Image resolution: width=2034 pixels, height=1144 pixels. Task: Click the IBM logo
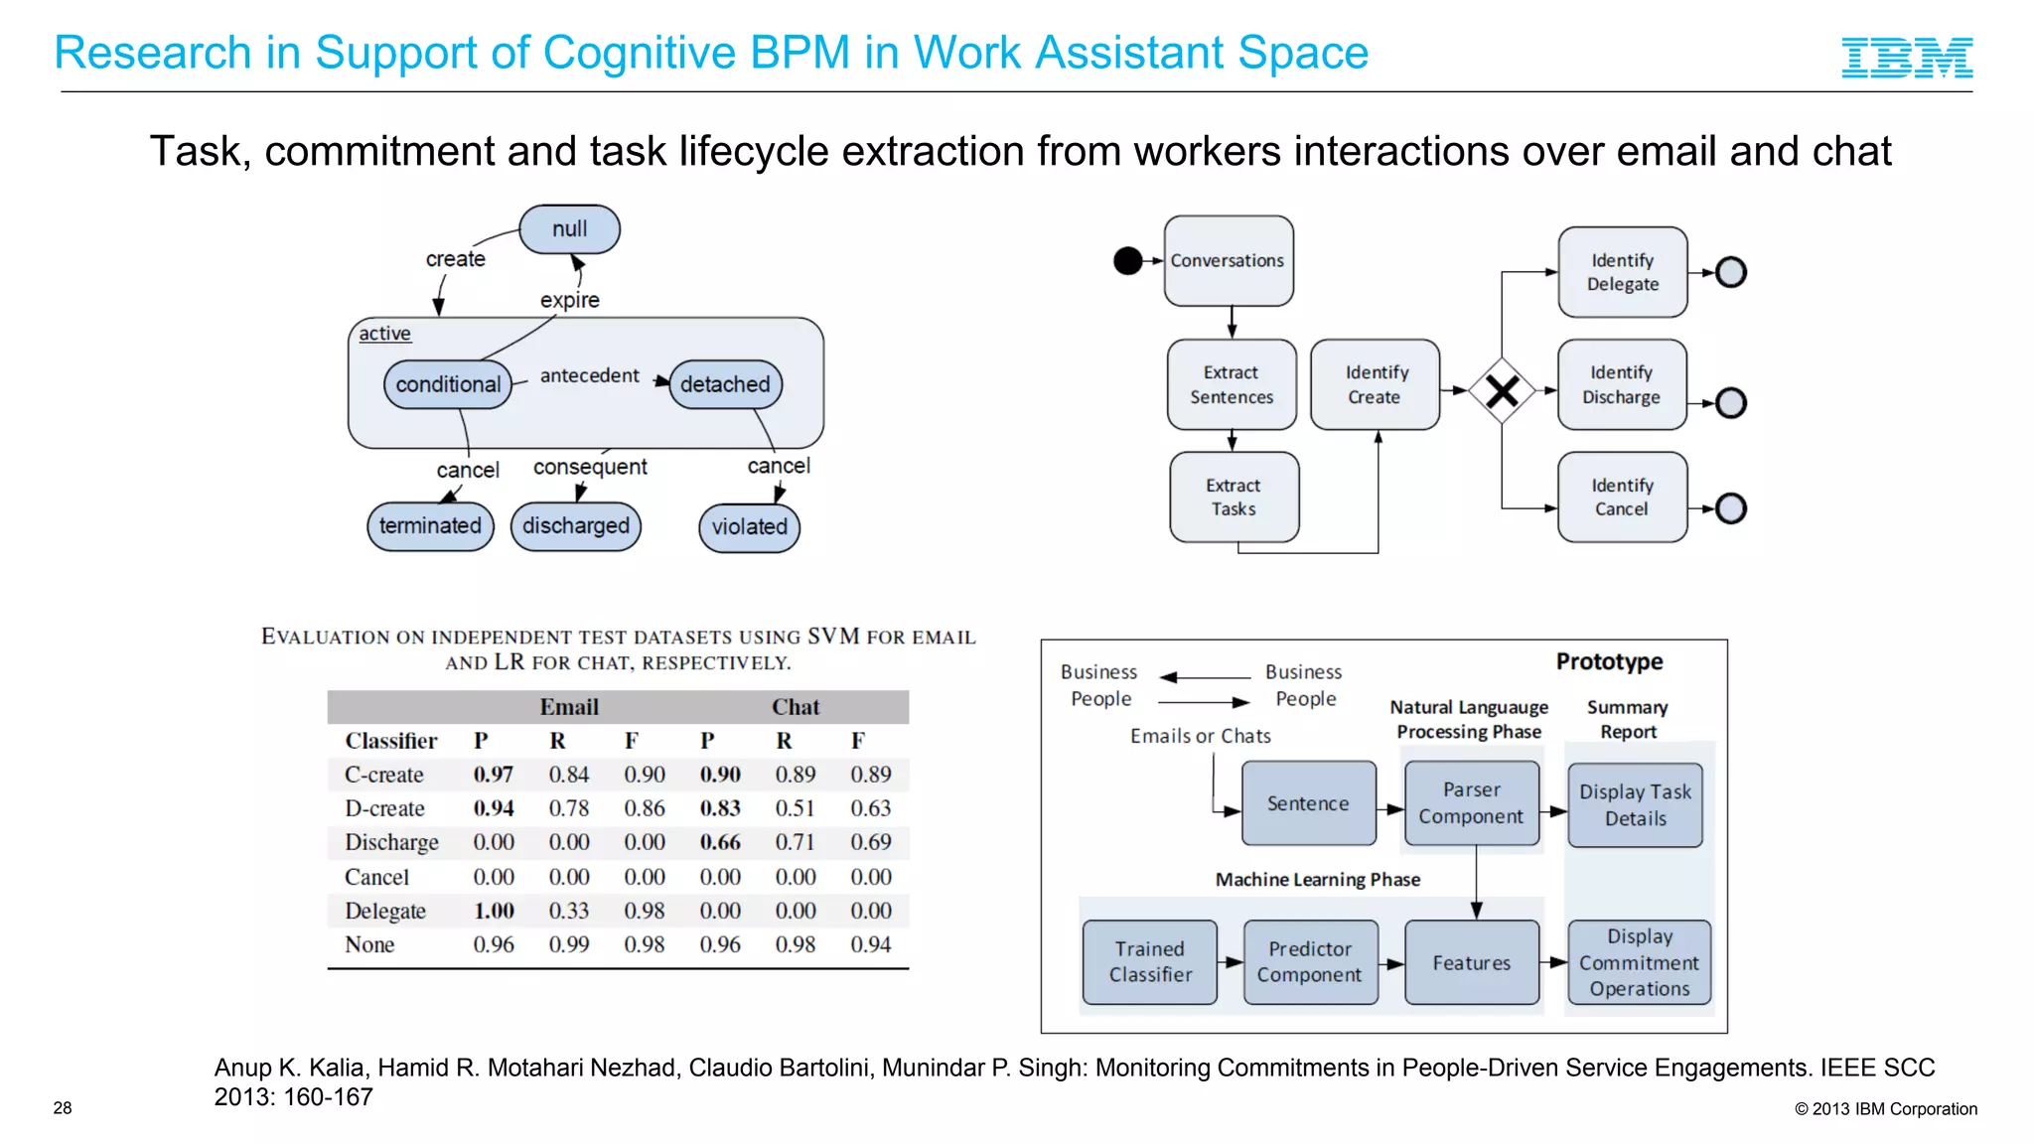pos(1906,58)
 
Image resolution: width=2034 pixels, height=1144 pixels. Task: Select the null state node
pos(569,229)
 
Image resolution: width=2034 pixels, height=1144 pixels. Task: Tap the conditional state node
pos(448,385)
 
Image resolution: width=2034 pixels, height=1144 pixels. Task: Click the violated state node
pos(749,527)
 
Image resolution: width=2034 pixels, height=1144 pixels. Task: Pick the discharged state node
pos(576,526)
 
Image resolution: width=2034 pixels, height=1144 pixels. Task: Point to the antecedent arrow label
pos(589,376)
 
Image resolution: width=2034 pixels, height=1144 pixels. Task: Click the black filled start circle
pos(1127,261)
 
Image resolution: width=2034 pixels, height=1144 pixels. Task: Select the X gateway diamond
pos(1502,391)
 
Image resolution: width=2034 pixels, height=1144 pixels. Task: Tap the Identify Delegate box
pos(1622,272)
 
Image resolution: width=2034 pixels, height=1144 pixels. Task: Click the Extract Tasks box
pos(1234,498)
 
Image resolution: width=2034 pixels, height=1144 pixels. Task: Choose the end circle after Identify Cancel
pos(1730,508)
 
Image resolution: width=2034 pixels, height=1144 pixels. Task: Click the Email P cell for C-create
pos(494,775)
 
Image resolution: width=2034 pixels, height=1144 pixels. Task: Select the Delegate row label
pos(385,912)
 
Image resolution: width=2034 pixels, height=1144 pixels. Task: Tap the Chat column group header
pos(795,707)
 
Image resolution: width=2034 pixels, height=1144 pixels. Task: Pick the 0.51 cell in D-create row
pos(795,809)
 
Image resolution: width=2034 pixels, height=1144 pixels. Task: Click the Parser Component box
pos(1471,803)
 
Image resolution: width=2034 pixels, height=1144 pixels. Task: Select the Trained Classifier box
pos(1150,962)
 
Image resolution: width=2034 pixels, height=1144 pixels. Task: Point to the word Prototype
pos(1609,662)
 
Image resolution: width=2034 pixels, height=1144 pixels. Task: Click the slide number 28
pos(63,1108)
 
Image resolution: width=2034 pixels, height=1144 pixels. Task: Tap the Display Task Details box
pos(1635,805)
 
